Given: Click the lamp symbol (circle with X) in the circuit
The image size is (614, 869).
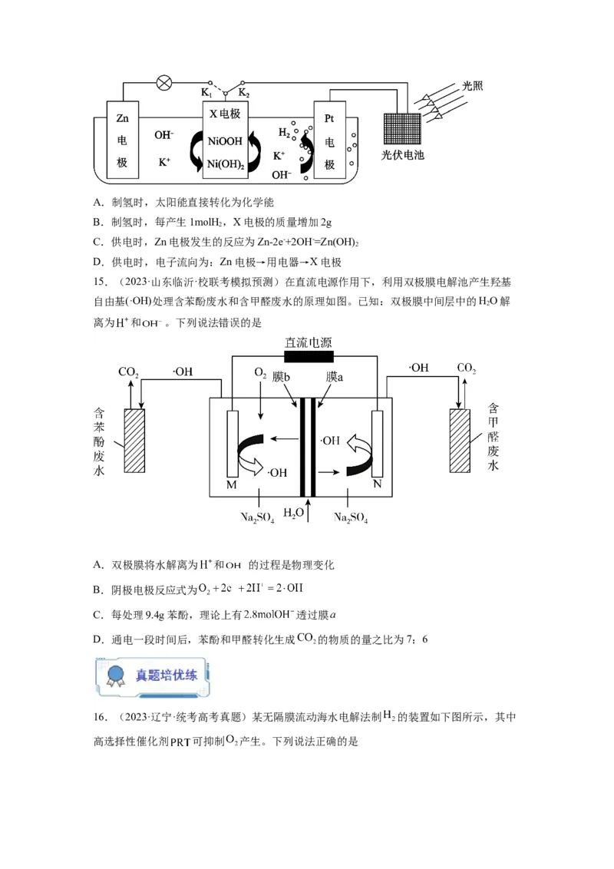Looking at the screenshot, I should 163,83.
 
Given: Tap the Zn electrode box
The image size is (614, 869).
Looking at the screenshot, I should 122,141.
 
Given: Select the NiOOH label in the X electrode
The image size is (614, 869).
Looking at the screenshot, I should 225,140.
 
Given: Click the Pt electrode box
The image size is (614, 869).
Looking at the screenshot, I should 330,141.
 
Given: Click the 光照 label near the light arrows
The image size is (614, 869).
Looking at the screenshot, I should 472,86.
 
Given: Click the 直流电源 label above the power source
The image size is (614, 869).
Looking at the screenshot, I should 308,342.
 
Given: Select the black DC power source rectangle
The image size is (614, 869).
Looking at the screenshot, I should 308,358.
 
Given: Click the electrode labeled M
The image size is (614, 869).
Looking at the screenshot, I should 233,445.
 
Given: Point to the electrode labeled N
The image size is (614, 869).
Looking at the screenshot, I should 377,445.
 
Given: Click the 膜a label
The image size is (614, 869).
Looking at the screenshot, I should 334,377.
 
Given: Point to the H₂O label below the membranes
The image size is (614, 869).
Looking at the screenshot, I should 293,512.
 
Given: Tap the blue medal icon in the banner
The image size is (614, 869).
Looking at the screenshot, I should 116,676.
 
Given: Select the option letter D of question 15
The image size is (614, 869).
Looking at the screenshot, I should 97,639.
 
